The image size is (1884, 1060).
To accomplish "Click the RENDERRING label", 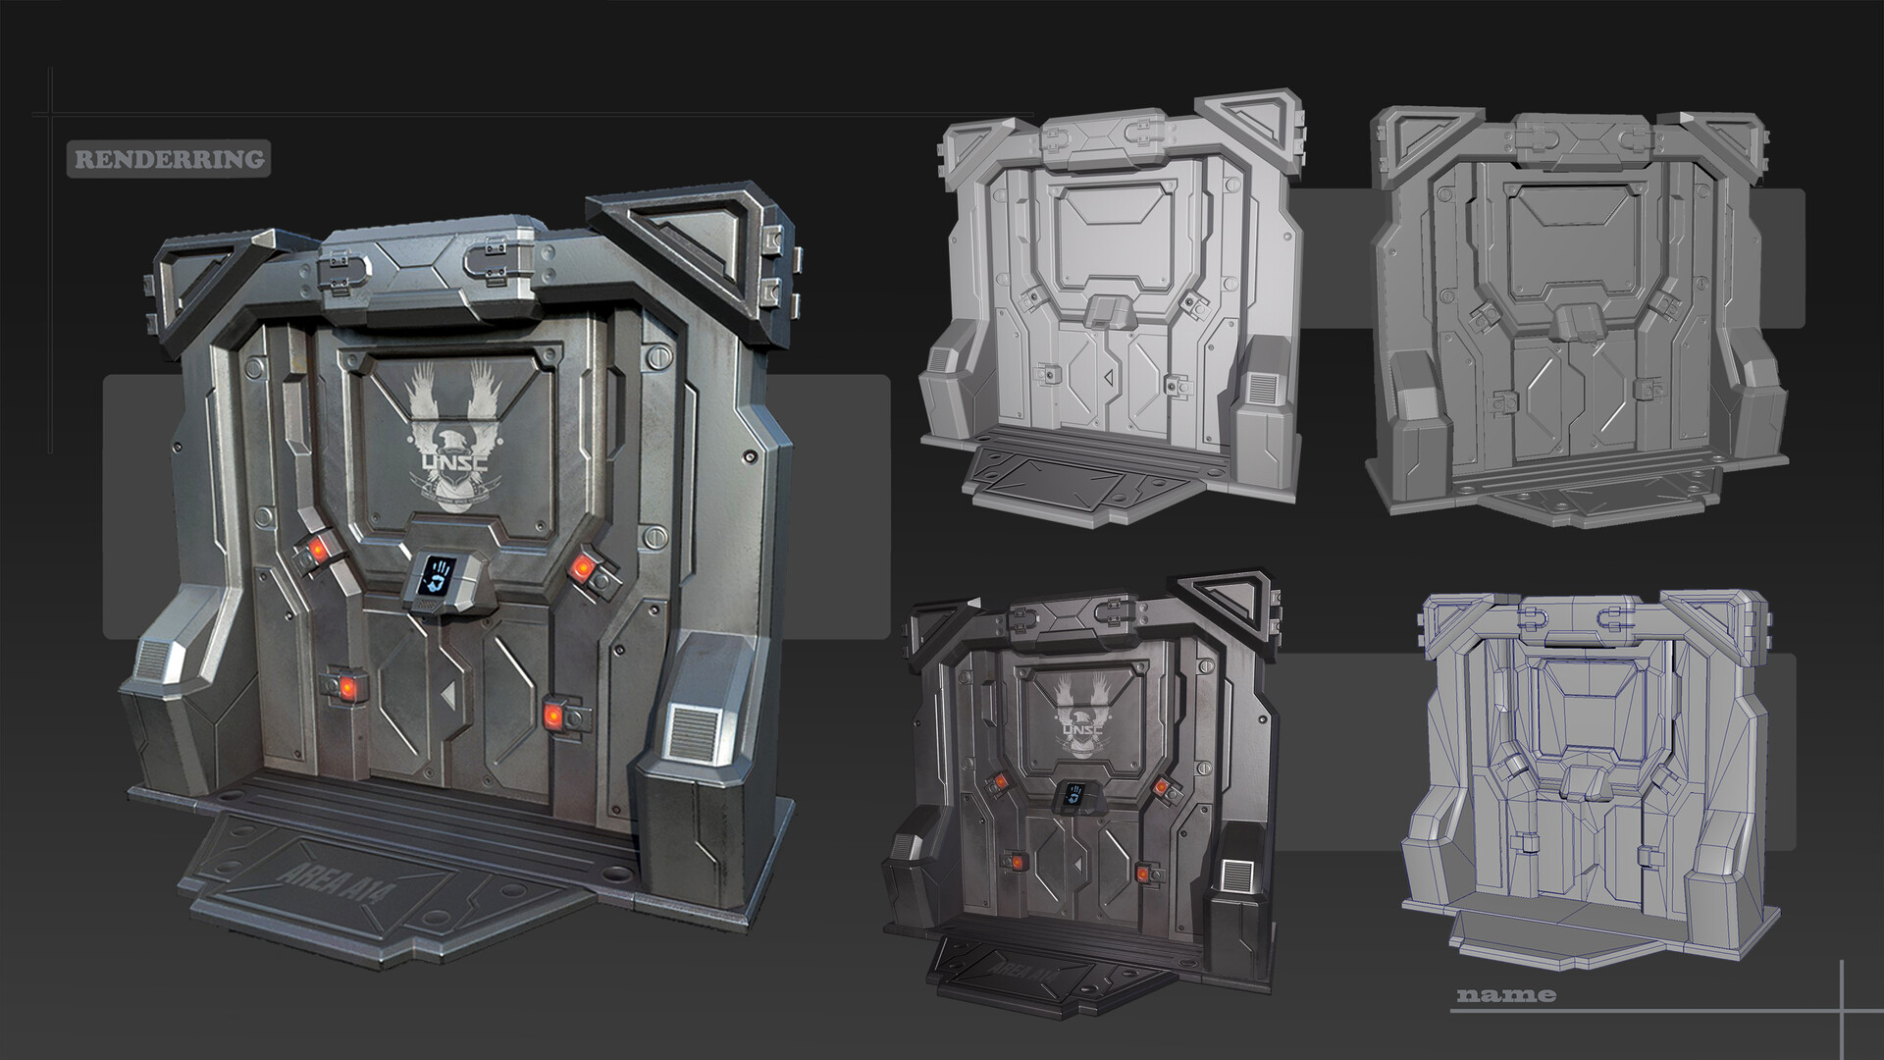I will click(x=165, y=159).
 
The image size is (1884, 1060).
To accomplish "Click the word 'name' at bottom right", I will click(x=1506, y=995).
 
